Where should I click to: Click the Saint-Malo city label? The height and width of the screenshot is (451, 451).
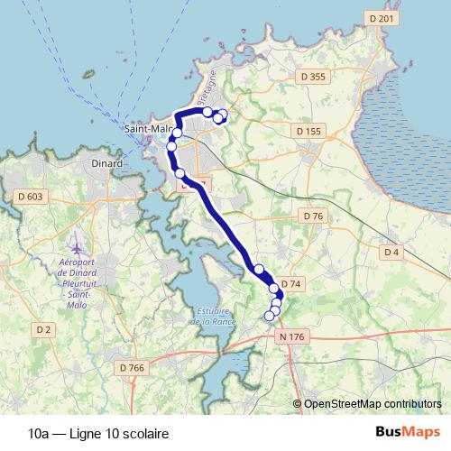pyautogui.click(x=145, y=129)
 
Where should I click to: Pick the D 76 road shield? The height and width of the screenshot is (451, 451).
pyautogui.click(x=313, y=216)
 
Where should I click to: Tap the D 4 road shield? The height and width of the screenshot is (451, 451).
pyautogui.click(x=391, y=252)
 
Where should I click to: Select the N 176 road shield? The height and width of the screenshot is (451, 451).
pyautogui.click(x=293, y=336)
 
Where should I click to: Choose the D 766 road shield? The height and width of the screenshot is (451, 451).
pyautogui.click(x=132, y=367)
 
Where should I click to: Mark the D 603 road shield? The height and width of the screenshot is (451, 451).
pyautogui.click(x=30, y=197)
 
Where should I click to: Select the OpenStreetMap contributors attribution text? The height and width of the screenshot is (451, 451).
pyautogui.click(x=372, y=403)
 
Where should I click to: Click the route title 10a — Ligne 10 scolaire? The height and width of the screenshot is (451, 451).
pyautogui.click(x=86, y=433)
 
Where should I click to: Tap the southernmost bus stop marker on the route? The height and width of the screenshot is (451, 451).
pyautogui.click(x=269, y=316)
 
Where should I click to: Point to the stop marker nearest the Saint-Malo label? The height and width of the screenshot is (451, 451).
pyautogui.click(x=177, y=133)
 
